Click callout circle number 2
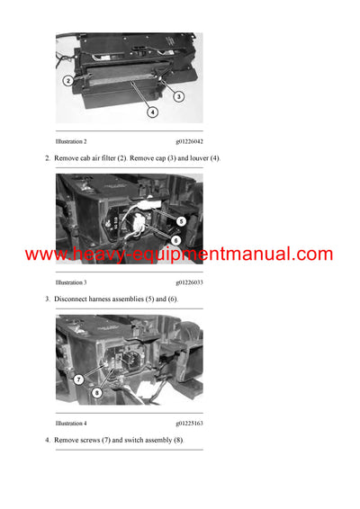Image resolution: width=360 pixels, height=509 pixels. point(68,80)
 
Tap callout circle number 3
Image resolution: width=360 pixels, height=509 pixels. point(178,96)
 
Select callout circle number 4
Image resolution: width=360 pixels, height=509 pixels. point(152,112)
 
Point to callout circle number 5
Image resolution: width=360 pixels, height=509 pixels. point(181,220)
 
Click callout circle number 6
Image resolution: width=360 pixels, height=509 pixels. point(175,241)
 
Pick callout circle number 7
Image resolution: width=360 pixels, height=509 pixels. point(78,379)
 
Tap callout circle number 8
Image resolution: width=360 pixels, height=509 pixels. point(97,392)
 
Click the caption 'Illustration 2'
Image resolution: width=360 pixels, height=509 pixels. point(71,142)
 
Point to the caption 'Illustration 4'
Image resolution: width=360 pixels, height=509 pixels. point(71,423)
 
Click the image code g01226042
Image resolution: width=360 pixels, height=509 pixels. point(189,142)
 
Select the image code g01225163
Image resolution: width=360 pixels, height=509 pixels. point(189,423)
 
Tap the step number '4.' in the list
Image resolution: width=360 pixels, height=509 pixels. point(47,440)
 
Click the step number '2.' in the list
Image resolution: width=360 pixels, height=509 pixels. point(47,158)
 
